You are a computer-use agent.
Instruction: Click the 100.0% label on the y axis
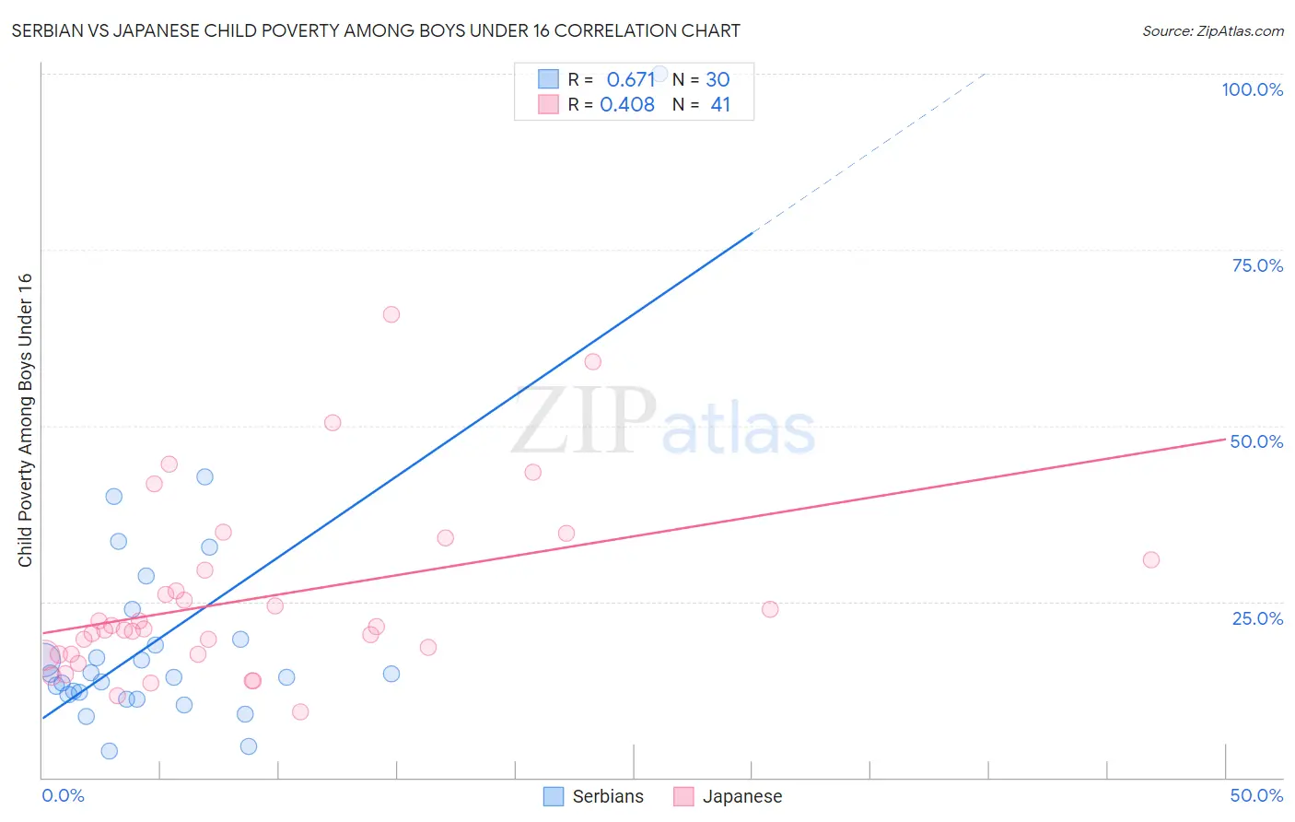(x=1252, y=89)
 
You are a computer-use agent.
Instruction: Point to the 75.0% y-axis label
(x=1257, y=265)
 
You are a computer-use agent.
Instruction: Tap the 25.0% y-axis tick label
(x=1257, y=618)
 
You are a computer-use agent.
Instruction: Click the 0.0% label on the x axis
(x=63, y=795)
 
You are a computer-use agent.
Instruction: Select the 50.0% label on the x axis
(x=1256, y=795)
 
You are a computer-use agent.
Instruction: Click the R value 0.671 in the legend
(x=630, y=80)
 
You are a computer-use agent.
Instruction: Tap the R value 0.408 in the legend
(x=627, y=105)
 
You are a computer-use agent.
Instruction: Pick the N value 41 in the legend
(x=720, y=105)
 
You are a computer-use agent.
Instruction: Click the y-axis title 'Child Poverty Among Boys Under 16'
(x=25, y=420)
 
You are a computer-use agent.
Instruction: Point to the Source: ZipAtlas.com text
(x=1212, y=31)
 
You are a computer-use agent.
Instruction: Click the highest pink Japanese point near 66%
(x=391, y=314)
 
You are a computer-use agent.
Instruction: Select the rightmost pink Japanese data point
(x=1150, y=559)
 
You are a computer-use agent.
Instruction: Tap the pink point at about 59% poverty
(x=593, y=362)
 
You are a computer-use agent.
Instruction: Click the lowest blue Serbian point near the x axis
(x=110, y=751)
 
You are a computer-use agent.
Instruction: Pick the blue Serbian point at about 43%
(x=204, y=477)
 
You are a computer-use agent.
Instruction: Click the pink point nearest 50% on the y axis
(x=332, y=423)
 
